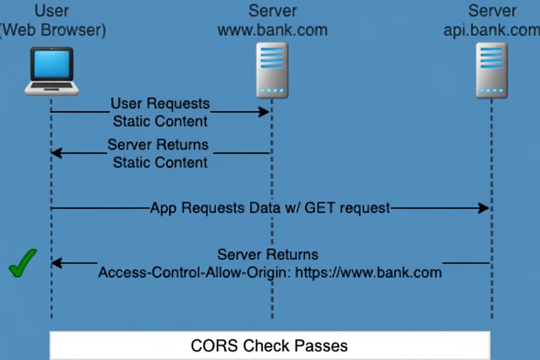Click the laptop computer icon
tap(52, 71)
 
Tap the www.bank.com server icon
tap(272, 70)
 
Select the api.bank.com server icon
tap(491, 70)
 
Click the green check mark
tap(23, 262)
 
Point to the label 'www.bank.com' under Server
tap(272, 30)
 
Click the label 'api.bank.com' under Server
tap(491, 30)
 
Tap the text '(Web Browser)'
tap(53, 30)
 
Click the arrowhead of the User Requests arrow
tap(265, 112)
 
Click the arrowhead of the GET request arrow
tap(484, 208)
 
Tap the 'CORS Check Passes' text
tap(269, 346)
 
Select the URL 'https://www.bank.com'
tap(368, 273)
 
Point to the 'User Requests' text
tap(160, 103)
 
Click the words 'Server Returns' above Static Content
tap(158, 144)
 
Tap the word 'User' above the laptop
tap(52, 11)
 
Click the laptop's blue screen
tap(52, 64)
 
